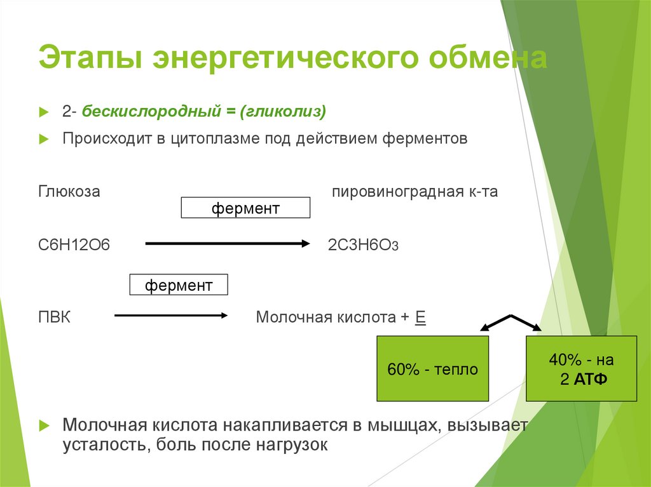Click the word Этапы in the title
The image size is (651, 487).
(x=86, y=58)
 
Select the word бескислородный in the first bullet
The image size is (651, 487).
(x=152, y=112)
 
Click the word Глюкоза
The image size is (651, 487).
(x=69, y=191)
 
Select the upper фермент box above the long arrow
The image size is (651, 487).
(x=245, y=208)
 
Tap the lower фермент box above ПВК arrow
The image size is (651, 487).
(x=179, y=285)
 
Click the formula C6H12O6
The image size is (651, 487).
(x=74, y=244)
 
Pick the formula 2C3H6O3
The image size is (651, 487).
(x=363, y=245)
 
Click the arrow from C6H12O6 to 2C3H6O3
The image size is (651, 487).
(x=227, y=243)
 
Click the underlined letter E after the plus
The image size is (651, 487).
(x=420, y=317)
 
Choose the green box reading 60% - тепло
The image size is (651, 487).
(x=432, y=369)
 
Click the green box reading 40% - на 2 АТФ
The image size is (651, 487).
(x=581, y=369)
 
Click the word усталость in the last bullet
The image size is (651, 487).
(x=102, y=444)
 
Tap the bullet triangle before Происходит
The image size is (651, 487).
(x=43, y=139)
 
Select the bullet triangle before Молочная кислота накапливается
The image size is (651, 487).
(x=43, y=425)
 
